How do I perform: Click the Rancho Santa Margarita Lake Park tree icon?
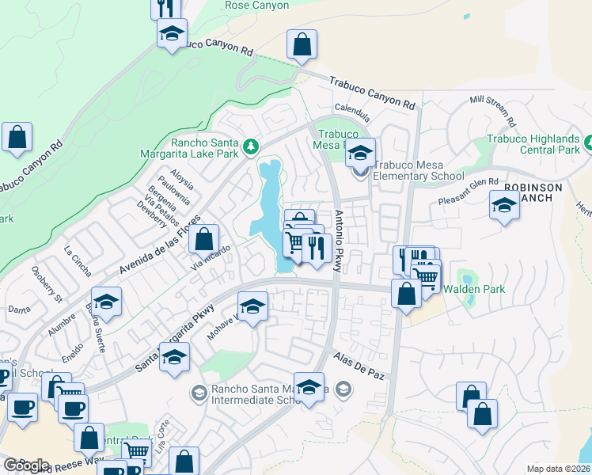click(251, 146)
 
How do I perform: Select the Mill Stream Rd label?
click(492, 112)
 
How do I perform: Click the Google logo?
click(26, 465)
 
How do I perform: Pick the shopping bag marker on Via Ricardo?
click(204, 238)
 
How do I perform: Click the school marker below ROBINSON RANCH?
click(504, 207)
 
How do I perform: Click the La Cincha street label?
click(78, 253)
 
